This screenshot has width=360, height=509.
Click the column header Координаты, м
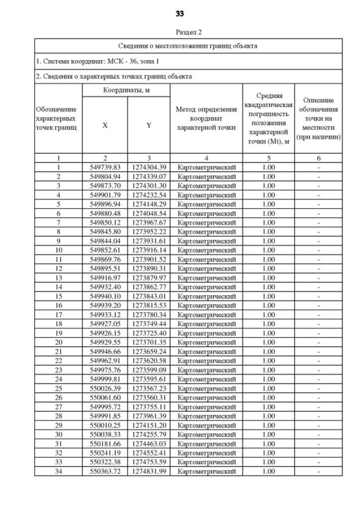pos(127,90)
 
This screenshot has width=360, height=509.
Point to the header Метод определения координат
pos(207,119)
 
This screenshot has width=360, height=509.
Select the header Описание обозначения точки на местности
pos(319,119)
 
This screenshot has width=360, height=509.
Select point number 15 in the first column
pos(58,296)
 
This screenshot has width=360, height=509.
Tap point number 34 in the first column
pos(58,471)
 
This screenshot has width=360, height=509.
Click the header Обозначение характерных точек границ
pos(58,119)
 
